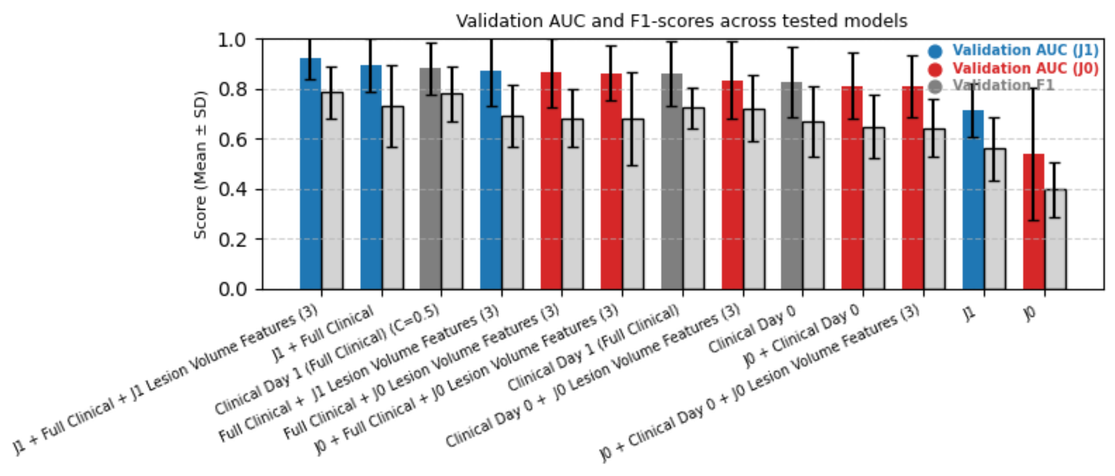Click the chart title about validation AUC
pos(681,21)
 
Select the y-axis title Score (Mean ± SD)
pos(200,164)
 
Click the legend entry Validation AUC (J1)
pos(1025,51)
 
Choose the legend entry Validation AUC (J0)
pos(1025,68)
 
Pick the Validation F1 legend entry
pos(1002,86)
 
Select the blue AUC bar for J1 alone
pos(973,200)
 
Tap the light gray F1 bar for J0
pos(1055,239)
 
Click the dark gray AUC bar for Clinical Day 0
pos(792,186)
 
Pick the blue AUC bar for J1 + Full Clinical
pos(371,177)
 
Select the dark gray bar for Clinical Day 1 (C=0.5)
pos(430,179)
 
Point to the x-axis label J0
pos(1029,313)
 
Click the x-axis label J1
pos(969,313)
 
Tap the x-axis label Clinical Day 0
pos(752,330)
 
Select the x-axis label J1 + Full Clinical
pos(323,335)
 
